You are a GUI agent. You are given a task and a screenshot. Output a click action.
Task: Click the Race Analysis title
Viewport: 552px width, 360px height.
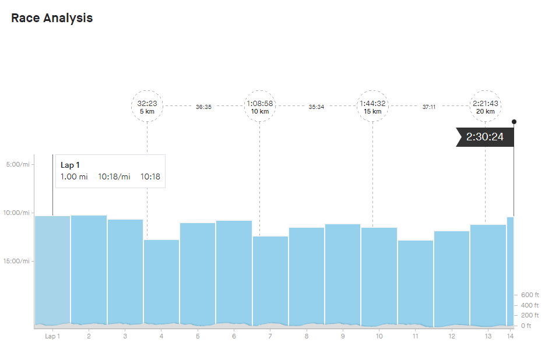[52, 18]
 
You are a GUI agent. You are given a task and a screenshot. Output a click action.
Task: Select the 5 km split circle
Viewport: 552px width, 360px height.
[147, 106]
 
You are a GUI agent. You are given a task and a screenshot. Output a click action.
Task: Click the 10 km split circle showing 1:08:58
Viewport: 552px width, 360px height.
[259, 106]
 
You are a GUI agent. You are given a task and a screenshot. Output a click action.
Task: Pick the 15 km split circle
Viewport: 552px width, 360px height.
[372, 106]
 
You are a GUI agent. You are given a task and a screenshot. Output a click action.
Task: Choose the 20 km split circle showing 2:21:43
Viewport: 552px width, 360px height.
[485, 106]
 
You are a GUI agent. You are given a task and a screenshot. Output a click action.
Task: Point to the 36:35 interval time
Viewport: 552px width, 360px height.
[203, 107]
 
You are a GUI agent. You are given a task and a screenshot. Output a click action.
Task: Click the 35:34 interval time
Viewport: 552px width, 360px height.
[317, 107]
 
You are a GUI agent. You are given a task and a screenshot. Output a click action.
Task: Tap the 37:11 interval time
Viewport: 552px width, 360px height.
[429, 107]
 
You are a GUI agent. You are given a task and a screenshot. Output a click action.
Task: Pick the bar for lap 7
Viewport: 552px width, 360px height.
[270, 280]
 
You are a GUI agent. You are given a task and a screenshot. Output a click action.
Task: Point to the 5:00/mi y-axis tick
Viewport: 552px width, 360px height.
[17, 164]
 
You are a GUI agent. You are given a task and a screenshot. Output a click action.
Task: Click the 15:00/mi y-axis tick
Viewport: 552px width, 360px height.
[17, 261]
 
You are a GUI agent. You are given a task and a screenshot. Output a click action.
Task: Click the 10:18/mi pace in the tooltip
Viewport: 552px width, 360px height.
[114, 177]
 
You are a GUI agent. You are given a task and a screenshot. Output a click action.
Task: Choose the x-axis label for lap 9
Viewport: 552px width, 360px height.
[343, 336]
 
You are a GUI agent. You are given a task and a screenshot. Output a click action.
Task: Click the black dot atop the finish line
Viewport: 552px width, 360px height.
[514, 122]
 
